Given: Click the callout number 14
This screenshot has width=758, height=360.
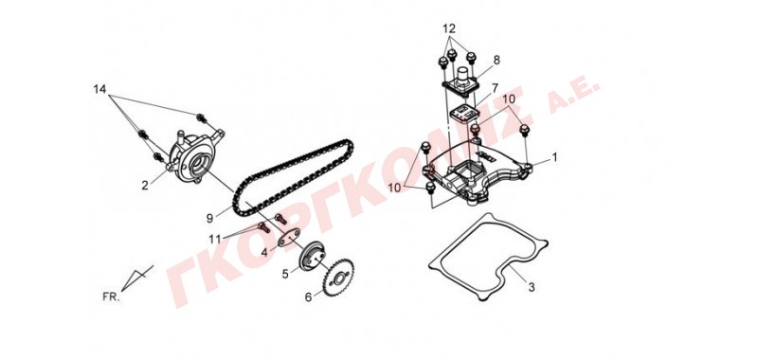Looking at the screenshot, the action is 99,89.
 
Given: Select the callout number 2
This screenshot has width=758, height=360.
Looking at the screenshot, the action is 145,185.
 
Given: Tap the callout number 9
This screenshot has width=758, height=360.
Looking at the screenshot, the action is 209,219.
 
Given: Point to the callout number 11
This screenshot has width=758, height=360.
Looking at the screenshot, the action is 215,239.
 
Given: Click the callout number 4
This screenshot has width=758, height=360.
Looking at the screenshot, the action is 264,253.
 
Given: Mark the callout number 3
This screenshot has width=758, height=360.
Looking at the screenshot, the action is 532,287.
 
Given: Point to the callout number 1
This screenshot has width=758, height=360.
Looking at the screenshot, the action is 554,157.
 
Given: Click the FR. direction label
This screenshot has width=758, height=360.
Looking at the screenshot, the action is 111,297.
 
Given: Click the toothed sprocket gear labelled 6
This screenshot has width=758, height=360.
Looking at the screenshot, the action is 339,278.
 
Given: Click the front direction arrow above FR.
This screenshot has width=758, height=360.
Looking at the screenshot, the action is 136,278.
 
